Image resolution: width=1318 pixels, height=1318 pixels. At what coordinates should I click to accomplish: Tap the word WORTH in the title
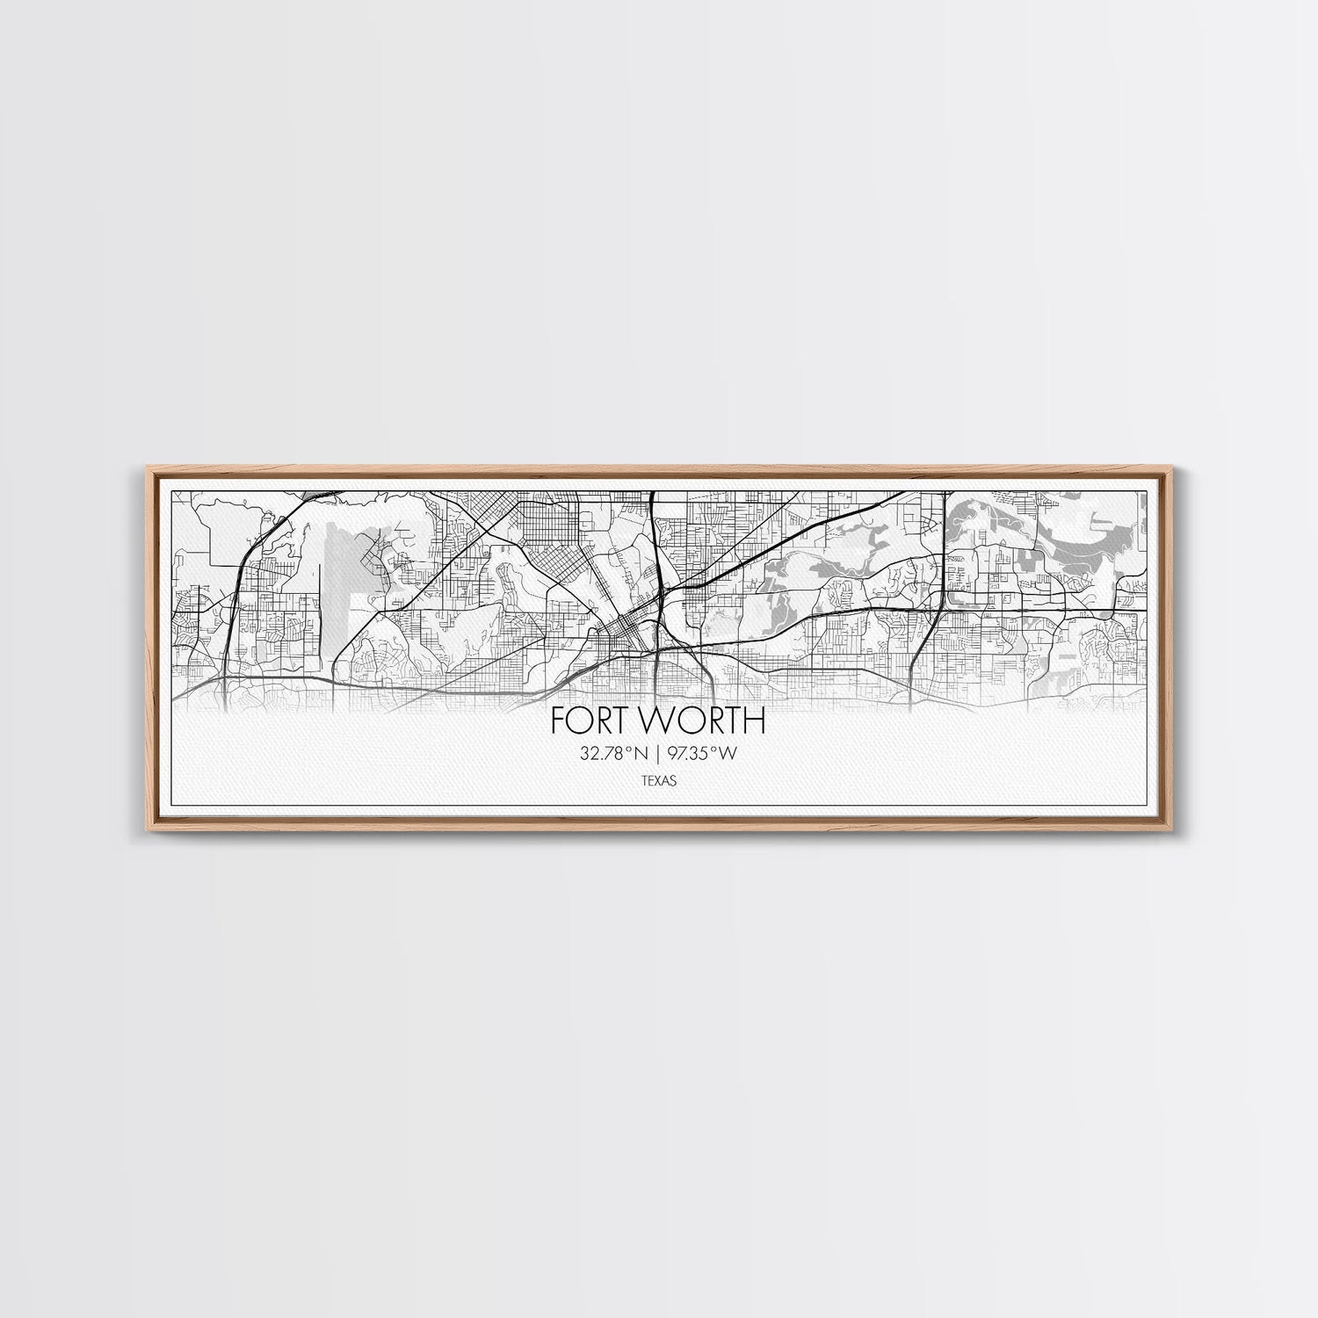[x=701, y=721]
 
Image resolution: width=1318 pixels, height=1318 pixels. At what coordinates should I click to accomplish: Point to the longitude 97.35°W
[x=704, y=752]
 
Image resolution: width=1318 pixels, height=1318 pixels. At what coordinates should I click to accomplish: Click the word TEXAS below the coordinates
[x=659, y=779]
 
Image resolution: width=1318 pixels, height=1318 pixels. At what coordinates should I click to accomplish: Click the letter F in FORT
[x=559, y=721]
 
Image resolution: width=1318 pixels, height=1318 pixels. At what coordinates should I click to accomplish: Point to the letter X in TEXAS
[x=659, y=779]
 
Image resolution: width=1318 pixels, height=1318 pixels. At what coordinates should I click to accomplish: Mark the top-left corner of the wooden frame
[x=141, y=467]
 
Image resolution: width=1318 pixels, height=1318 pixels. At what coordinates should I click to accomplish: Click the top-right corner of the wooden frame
[x=1177, y=467]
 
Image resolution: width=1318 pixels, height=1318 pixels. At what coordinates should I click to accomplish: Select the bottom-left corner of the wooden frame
[x=141, y=830]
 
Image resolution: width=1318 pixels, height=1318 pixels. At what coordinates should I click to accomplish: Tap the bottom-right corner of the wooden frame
[x=1177, y=830]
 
